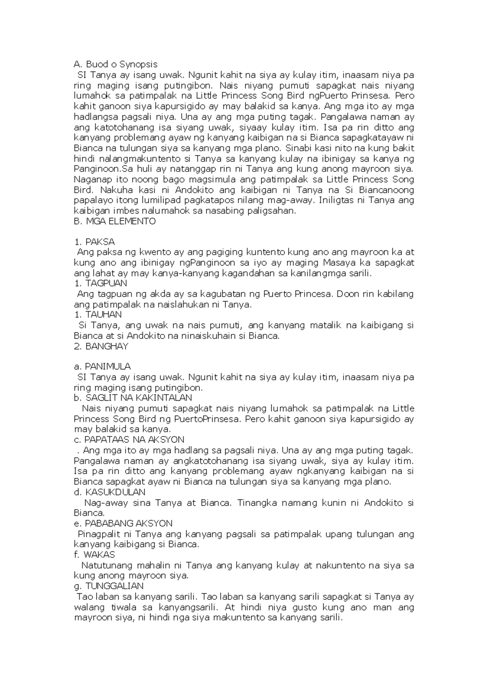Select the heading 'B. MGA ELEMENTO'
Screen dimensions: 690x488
(x=115, y=221)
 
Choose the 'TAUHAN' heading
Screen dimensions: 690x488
(x=98, y=315)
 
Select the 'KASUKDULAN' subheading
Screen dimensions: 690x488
(x=110, y=493)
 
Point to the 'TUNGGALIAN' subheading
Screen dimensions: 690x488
(x=109, y=586)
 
